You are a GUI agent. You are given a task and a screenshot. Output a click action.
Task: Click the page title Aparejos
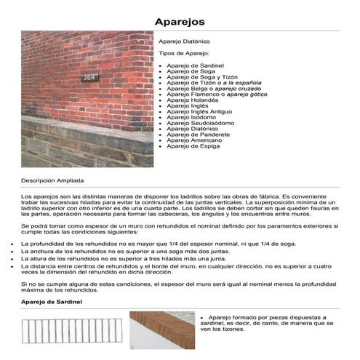click(179, 21)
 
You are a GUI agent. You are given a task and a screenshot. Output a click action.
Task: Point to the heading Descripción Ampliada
click(52, 179)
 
